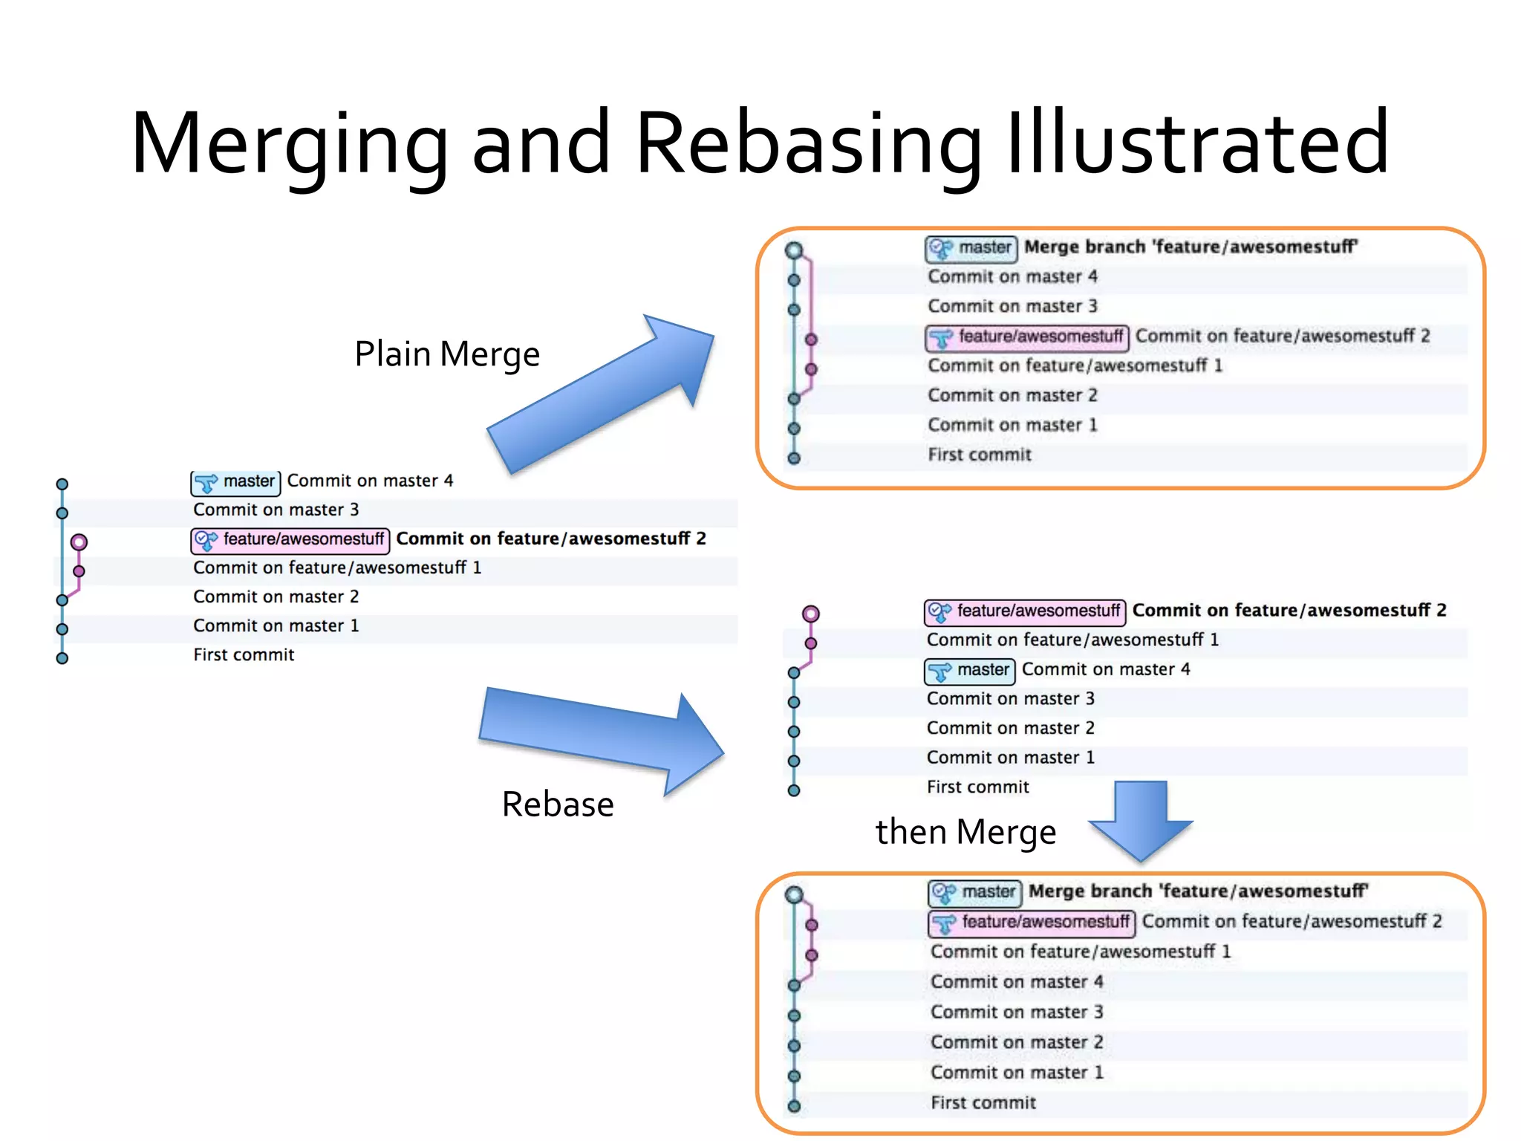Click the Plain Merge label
point(446,354)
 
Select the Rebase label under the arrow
point(558,804)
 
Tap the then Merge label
point(965,832)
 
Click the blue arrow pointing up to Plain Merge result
point(602,394)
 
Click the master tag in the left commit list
point(236,482)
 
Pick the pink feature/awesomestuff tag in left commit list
point(290,540)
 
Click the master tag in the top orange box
point(971,248)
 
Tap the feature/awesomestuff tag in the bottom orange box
point(1032,923)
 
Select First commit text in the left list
point(244,655)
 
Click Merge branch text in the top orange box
point(1191,247)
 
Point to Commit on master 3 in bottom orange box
point(1017,1012)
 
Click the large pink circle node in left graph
point(79,542)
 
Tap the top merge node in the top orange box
point(794,250)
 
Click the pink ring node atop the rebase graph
point(811,614)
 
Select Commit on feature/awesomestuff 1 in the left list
point(337,568)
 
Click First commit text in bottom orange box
point(983,1103)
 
